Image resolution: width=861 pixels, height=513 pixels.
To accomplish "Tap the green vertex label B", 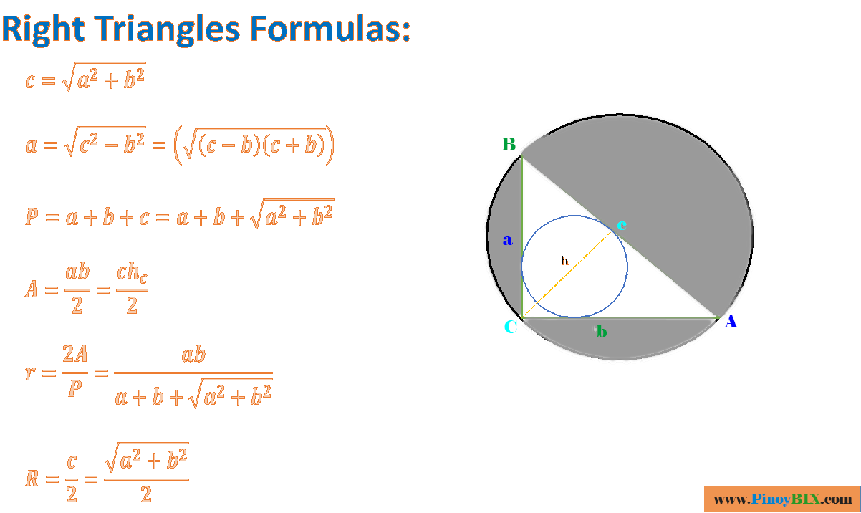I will [x=509, y=145].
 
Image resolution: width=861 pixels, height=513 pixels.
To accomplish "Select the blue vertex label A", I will [x=730, y=322].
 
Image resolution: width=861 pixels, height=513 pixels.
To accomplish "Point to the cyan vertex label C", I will [x=511, y=327].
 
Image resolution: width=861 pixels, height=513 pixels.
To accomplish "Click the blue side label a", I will [x=508, y=241].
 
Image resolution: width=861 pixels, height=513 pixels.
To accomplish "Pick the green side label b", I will [x=602, y=332].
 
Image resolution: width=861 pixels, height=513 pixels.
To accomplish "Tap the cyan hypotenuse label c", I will [x=622, y=225].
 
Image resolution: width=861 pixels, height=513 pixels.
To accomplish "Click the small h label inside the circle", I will [x=564, y=261].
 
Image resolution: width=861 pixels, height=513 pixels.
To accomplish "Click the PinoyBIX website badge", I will [x=782, y=499].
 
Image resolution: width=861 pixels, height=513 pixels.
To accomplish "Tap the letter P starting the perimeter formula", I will [x=32, y=216].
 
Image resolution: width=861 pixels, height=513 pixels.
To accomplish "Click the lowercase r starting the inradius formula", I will [x=29, y=373].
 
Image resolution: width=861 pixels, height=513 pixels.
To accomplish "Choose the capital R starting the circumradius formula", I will [x=32, y=478].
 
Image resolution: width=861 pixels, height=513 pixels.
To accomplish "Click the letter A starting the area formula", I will [x=32, y=289].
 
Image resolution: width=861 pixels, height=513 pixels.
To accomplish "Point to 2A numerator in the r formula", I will [x=75, y=354].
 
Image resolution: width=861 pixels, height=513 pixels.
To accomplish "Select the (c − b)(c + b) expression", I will [x=258, y=146].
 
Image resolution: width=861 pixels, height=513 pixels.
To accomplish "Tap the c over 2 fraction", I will [x=72, y=478].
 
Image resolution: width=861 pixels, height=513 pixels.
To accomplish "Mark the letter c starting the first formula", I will [x=29, y=80].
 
